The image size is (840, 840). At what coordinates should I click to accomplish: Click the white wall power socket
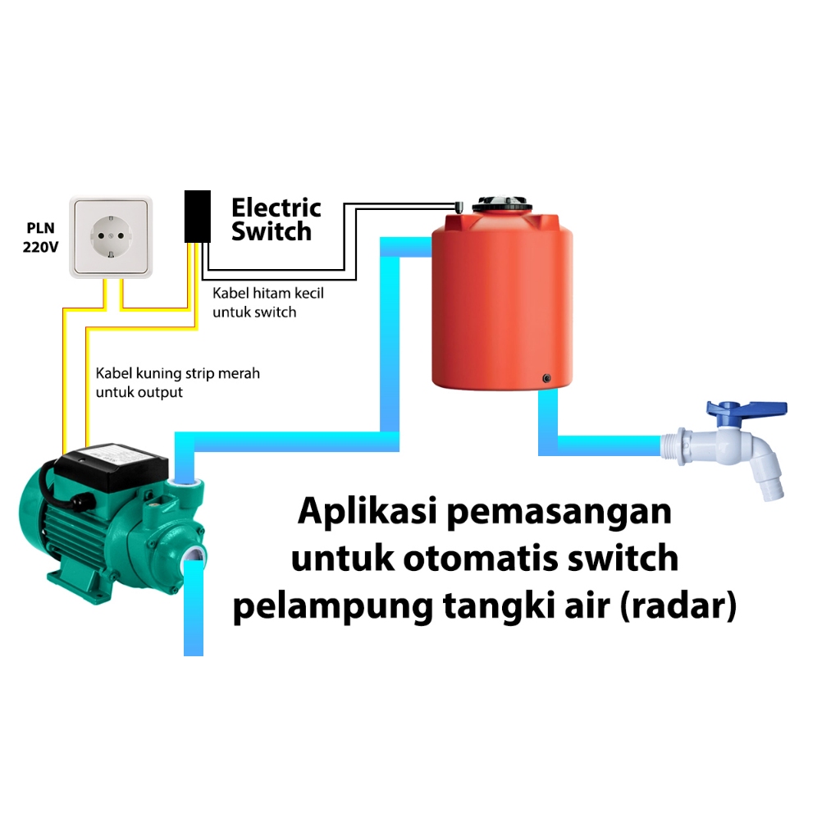coord(111,236)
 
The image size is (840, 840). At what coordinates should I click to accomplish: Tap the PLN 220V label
coord(40,237)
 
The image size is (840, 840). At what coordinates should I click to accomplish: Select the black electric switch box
coord(197,217)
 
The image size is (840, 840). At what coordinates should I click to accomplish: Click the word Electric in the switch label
coord(276,208)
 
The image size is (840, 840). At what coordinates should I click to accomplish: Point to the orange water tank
coord(502,304)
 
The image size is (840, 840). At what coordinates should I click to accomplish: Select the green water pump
coord(107,517)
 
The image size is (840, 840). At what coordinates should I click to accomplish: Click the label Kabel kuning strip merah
coord(177,374)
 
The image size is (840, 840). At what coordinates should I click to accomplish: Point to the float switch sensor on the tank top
coord(460,203)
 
